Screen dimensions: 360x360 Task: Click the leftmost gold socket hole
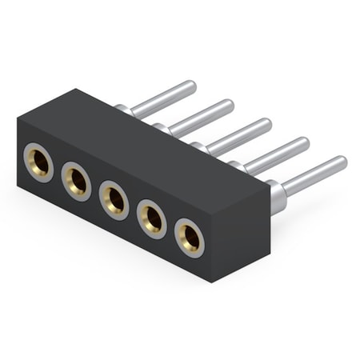38,162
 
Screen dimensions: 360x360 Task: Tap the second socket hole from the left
77,181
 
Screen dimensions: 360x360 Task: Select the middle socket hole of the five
114,198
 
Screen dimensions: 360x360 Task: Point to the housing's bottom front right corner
215,282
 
